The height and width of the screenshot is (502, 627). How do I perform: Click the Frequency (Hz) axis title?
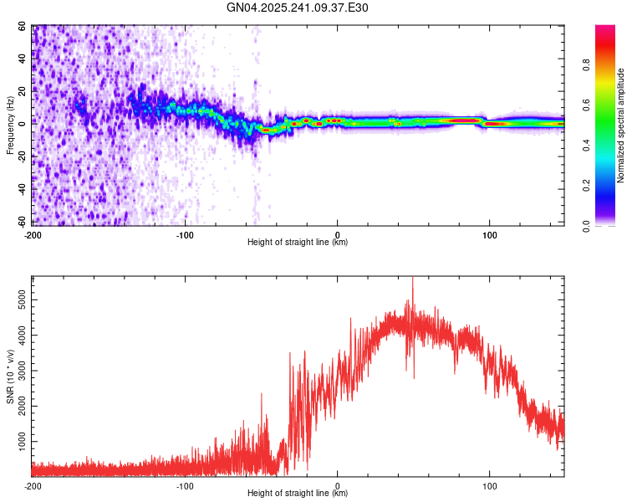coord(11,126)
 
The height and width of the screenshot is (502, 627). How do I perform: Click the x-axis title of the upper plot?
coord(298,243)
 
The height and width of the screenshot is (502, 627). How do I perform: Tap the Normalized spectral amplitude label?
coord(621,126)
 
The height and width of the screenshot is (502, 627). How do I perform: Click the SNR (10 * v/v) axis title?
coord(11,376)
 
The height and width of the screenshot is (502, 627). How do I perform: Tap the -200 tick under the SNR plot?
coord(32,486)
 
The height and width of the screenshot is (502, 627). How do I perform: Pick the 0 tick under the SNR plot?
coord(338,486)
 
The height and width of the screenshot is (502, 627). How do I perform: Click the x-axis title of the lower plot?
coord(298,494)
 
